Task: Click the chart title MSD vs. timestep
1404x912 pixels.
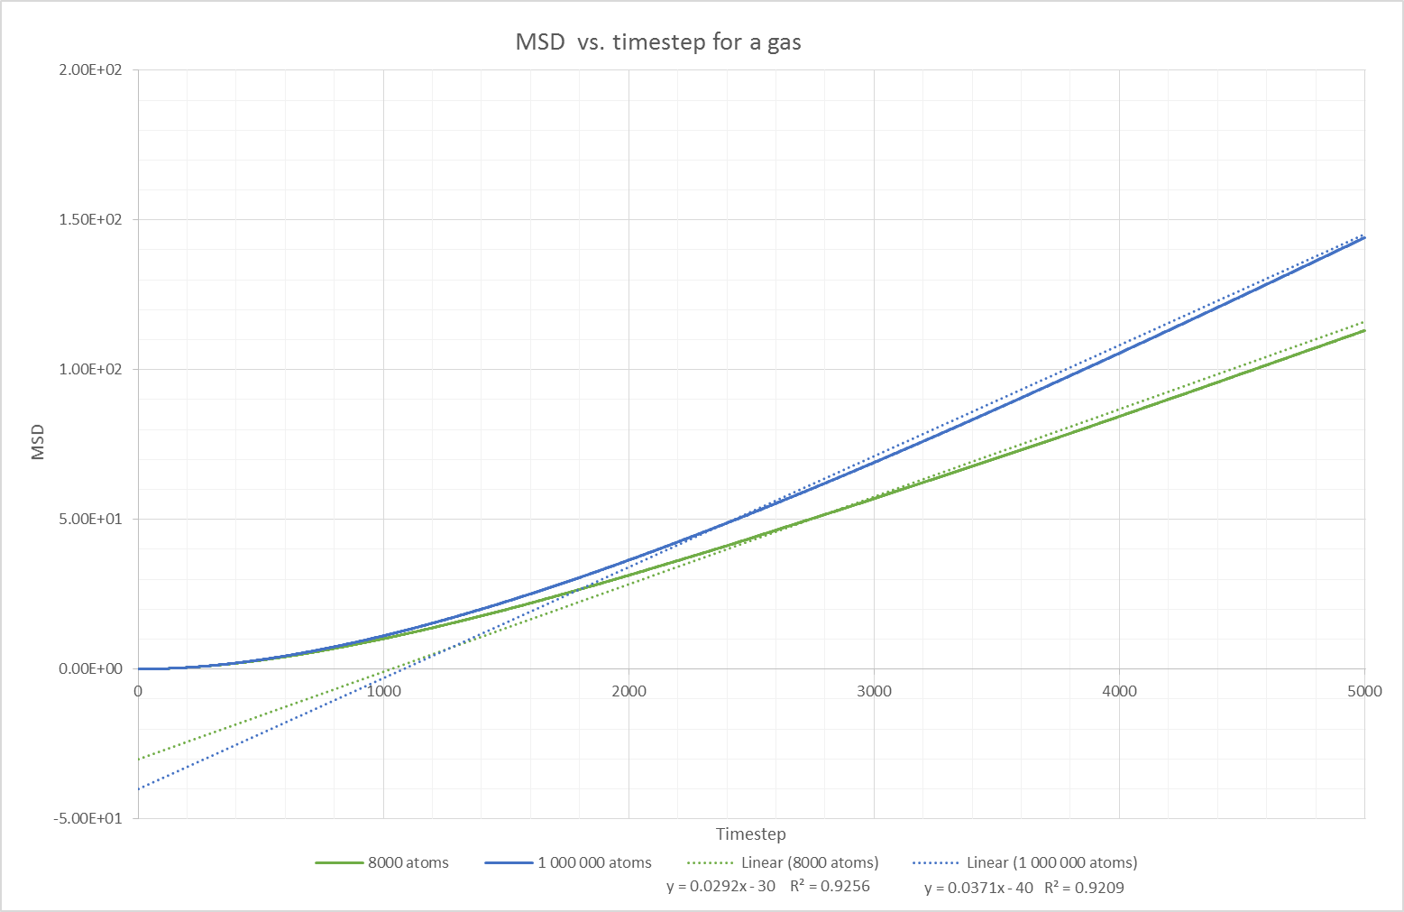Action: point(657,41)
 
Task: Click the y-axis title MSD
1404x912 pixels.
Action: point(38,444)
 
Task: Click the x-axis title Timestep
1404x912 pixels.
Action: point(751,834)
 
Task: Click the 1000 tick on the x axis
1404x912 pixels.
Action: point(383,691)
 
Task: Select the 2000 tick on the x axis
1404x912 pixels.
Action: point(629,691)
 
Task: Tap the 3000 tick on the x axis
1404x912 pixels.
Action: point(874,691)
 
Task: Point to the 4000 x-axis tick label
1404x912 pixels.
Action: point(1119,691)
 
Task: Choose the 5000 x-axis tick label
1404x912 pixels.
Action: point(1364,691)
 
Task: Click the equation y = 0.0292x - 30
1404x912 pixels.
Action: point(721,886)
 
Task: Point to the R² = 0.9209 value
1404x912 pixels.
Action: point(1084,888)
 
